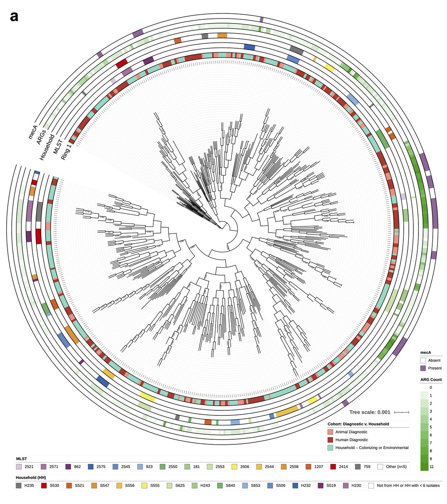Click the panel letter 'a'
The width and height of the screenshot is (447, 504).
[x=15, y=17]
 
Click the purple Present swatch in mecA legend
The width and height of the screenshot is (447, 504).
[x=423, y=368]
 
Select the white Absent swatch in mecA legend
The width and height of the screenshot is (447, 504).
[x=423, y=360]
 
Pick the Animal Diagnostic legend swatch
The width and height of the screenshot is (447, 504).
[x=331, y=432]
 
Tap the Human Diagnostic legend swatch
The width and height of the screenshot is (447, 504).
[x=331, y=440]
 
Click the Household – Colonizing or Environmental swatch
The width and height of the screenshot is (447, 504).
[x=331, y=448]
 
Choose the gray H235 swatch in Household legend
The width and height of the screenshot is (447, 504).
[x=19, y=486]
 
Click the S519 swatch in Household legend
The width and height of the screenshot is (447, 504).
[x=321, y=486]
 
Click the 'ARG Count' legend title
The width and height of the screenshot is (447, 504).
[x=431, y=380]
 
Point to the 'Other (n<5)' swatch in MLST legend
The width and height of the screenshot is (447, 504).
[x=381, y=467]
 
